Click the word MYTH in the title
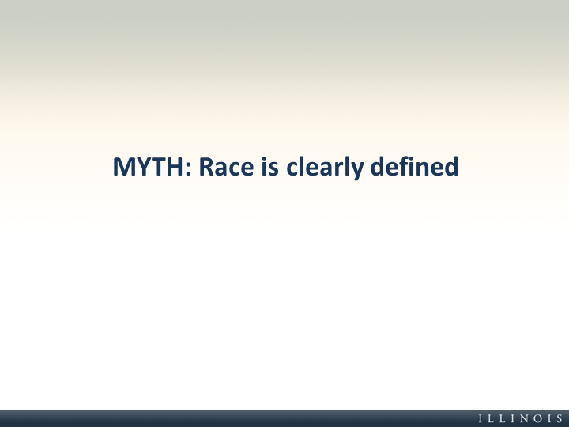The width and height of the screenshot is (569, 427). pyautogui.click(x=149, y=167)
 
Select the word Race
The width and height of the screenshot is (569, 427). pyautogui.click(x=226, y=167)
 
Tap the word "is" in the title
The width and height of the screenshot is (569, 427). pyautogui.click(x=270, y=166)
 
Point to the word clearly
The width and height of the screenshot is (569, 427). pyautogui.click(x=325, y=168)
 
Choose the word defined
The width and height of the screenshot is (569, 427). pyautogui.click(x=414, y=166)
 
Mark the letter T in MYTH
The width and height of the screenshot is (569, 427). pyautogui.click(x=160, y=167)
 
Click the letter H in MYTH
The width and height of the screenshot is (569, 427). pyautogui.click(x=176, y=167)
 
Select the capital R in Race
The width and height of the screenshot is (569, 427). pyautogui.click(x=206, y=167)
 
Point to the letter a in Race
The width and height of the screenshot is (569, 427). pyautogui.click(x=221, y=169)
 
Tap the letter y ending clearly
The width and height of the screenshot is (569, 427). pyautogui.click(x=356, y=172)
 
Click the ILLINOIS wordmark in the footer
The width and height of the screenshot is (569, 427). pyautogui.click(x=521, y=418)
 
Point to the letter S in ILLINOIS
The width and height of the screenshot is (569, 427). pyautogui.click(x=560, y=418)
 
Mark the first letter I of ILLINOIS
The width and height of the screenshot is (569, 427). pyautogui.click(x=480, y=418)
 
